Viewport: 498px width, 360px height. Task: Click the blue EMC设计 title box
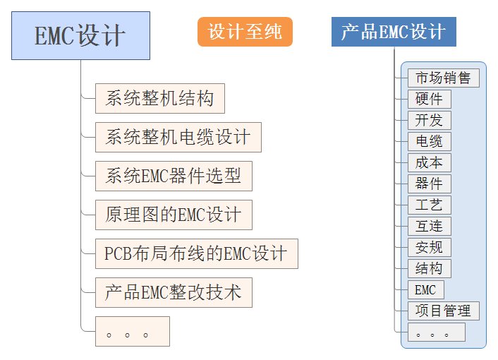pyautogui.click(x=80, y=35)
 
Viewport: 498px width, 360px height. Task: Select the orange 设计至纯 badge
pyautogui.click(x=245, y=32)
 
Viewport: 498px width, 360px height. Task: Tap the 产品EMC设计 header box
pyautogui.click(x=394, y=32)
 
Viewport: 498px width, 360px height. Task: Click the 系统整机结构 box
pyautogui.click(x=160, y=98)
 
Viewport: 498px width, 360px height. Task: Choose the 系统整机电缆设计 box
pyautogui.click(x=178, y=137)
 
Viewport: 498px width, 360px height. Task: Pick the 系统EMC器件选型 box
pyautogui.click(x=174, y=176)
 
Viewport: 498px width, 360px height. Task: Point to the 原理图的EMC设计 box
pyautogui.click(x=174, y=215)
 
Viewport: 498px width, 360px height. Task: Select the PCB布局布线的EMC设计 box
pyautogui.click(x=196, y=253)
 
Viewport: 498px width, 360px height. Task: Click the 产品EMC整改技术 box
pyautogui.click(x=174, y=292)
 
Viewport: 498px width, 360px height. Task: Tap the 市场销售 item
pyautogui.click(x=443, y=78)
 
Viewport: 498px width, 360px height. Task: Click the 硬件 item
pyautogui.click(x=429, y=100)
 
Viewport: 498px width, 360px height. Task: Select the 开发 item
pyautogui.click(x=429, y=121)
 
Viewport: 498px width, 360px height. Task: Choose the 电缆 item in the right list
pyautogui.click(x=429, y=142)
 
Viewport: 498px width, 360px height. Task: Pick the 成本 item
pyautogui.click(x=429, y=163)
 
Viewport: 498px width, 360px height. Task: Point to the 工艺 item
pyautogui.click(x=429, y=205)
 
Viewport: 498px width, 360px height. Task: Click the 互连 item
pyautogui.click(x=429, y=227)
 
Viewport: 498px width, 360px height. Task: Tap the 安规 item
pyautogui.click(x=429, y=248)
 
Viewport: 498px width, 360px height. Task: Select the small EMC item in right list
pyautogui.click(x=425, y=290)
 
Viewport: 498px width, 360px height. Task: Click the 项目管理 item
pyautogui.click(x=443, y=311)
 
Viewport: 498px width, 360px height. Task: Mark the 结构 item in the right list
pyautogui.click(x=429, y=269)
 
